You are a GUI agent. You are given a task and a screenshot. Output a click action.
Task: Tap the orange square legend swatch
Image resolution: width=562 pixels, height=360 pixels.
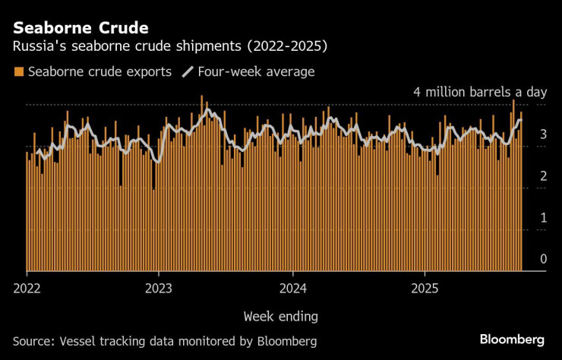click(18, 72)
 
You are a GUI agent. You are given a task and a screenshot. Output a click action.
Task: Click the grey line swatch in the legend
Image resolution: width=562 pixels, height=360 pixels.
click(187, 72)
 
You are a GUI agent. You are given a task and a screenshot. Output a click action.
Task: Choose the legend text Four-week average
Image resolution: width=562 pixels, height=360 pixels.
click(256, 72)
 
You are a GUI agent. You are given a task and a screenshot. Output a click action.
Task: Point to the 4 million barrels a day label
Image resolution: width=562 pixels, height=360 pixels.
click(479, 92)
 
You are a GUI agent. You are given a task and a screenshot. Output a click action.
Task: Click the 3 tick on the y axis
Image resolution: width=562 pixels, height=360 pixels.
click(543, 134)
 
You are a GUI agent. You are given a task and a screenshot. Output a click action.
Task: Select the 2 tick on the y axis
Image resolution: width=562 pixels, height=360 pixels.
click(543, 176)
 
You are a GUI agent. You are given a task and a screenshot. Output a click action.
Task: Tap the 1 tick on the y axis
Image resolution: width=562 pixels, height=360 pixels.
click(543, 218)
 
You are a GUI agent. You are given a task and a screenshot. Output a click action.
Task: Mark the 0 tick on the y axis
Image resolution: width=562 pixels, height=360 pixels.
click(543, 260)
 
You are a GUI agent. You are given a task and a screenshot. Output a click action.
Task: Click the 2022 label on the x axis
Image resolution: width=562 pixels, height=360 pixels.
click(27, 288)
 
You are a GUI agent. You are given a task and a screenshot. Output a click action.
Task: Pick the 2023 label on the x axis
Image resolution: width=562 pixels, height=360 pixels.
click(158, 288)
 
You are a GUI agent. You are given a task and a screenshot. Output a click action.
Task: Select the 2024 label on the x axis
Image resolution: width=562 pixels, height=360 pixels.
click(292, 288)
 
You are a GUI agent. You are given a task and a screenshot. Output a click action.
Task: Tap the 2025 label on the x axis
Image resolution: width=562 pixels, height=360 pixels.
click(425, 288)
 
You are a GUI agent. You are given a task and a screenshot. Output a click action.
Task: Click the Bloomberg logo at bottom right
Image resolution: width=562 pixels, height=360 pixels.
click(512, 339)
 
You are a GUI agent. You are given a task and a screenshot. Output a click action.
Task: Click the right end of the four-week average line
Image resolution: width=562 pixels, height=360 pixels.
click(521, 120)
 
